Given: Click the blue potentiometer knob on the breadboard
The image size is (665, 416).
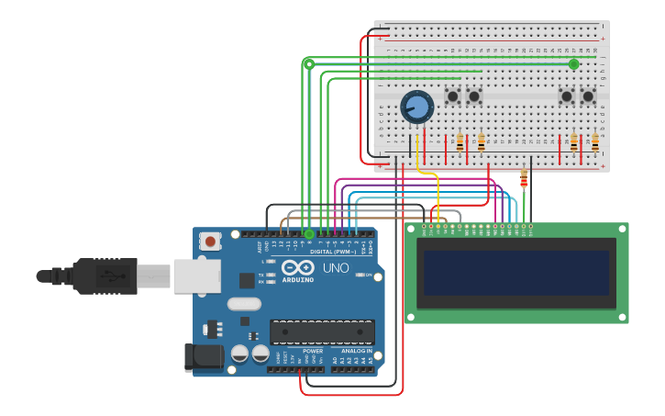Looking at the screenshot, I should (417, 107).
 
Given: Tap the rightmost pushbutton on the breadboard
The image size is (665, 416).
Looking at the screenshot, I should (588, 96).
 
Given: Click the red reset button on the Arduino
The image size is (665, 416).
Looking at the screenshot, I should (211, 242).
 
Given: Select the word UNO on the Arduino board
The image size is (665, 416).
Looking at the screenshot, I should (336, 268).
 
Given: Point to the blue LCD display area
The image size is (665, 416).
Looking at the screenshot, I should (516, 273).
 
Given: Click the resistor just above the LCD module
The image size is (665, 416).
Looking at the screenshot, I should (524, 178).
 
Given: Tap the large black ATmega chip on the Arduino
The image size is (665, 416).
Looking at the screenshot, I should (322, 332).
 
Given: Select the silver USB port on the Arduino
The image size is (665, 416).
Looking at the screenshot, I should (196, 275).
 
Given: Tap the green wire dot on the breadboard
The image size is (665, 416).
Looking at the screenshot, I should (574, 64).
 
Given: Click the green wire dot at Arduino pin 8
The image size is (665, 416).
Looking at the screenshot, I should (309, 234).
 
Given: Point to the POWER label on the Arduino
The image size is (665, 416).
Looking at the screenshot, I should (313, 351).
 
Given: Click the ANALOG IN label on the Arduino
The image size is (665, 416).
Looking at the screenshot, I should (357, 351).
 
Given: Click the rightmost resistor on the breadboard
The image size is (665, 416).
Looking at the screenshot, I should (594, 142).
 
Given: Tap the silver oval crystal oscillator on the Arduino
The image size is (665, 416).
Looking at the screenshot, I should (244, 304).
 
